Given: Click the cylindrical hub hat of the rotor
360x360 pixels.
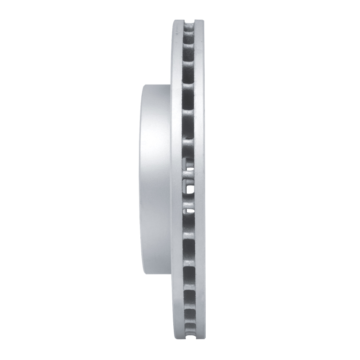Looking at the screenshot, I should (x=155, y=180).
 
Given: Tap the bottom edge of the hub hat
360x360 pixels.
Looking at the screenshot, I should (x=155, y=274).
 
